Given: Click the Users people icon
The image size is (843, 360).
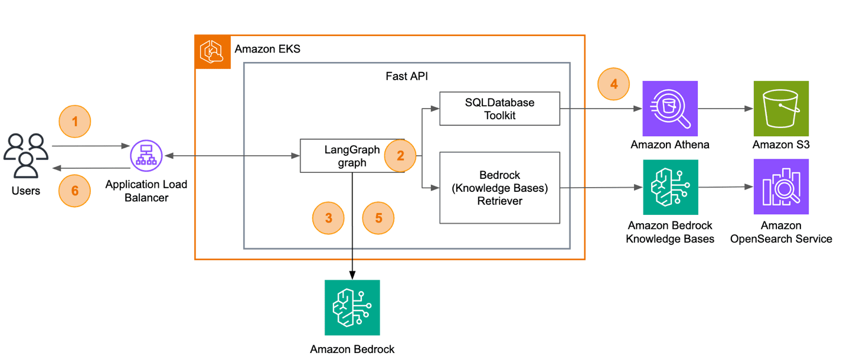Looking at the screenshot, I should point(25,156).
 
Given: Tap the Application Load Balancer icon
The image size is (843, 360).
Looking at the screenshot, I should point(146,156).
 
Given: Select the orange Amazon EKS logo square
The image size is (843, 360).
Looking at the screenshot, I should point(213,52).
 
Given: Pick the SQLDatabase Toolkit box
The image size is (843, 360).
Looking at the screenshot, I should point(499,109).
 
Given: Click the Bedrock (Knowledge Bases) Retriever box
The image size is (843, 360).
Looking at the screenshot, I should point(499,188).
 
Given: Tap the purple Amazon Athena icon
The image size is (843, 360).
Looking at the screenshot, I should point(669,109).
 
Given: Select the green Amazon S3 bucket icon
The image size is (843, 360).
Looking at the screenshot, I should point(781,109).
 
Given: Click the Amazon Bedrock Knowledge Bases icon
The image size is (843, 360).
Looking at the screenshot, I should point(669,188).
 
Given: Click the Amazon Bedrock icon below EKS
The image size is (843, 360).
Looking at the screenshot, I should point(352,307).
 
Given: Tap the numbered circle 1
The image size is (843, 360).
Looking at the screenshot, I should point(75,122).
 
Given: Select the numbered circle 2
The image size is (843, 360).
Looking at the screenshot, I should point(400,156).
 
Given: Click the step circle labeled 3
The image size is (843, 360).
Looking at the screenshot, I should point(328,218).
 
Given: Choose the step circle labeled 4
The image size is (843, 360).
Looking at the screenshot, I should point(614,84).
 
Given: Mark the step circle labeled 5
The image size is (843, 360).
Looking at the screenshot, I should point(378,218).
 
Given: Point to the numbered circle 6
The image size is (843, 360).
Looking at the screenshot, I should point(75,191).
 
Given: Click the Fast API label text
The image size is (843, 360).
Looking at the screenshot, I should point(407,77).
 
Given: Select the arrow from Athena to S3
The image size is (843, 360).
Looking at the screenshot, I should point(724,109).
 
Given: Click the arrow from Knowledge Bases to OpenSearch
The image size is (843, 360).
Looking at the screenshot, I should point(724,188).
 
